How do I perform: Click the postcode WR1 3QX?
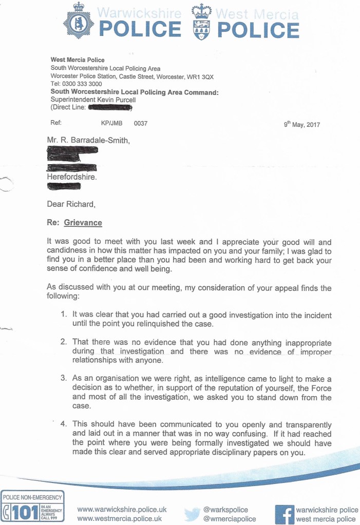tap(201, 76)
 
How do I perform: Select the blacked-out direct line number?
tap(110, 108)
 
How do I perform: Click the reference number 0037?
tap(140, 124)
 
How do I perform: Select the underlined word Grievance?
tap(83, 223)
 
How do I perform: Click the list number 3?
tap(63, 378)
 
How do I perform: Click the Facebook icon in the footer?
tap(283, 513)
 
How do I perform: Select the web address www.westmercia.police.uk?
tap(119, 518)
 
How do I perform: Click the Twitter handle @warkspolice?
tap(225, 509)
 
